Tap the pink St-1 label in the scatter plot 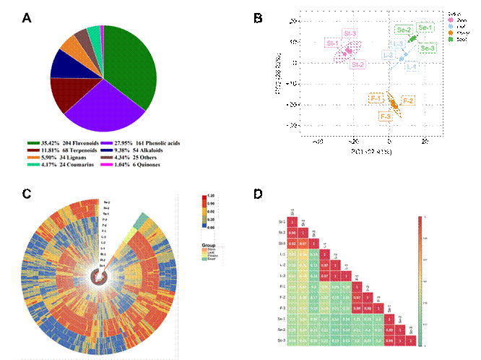click(x=333, y=43)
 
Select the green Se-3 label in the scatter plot click(x=428, y=48)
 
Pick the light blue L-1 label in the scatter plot click(x=412, y=67)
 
